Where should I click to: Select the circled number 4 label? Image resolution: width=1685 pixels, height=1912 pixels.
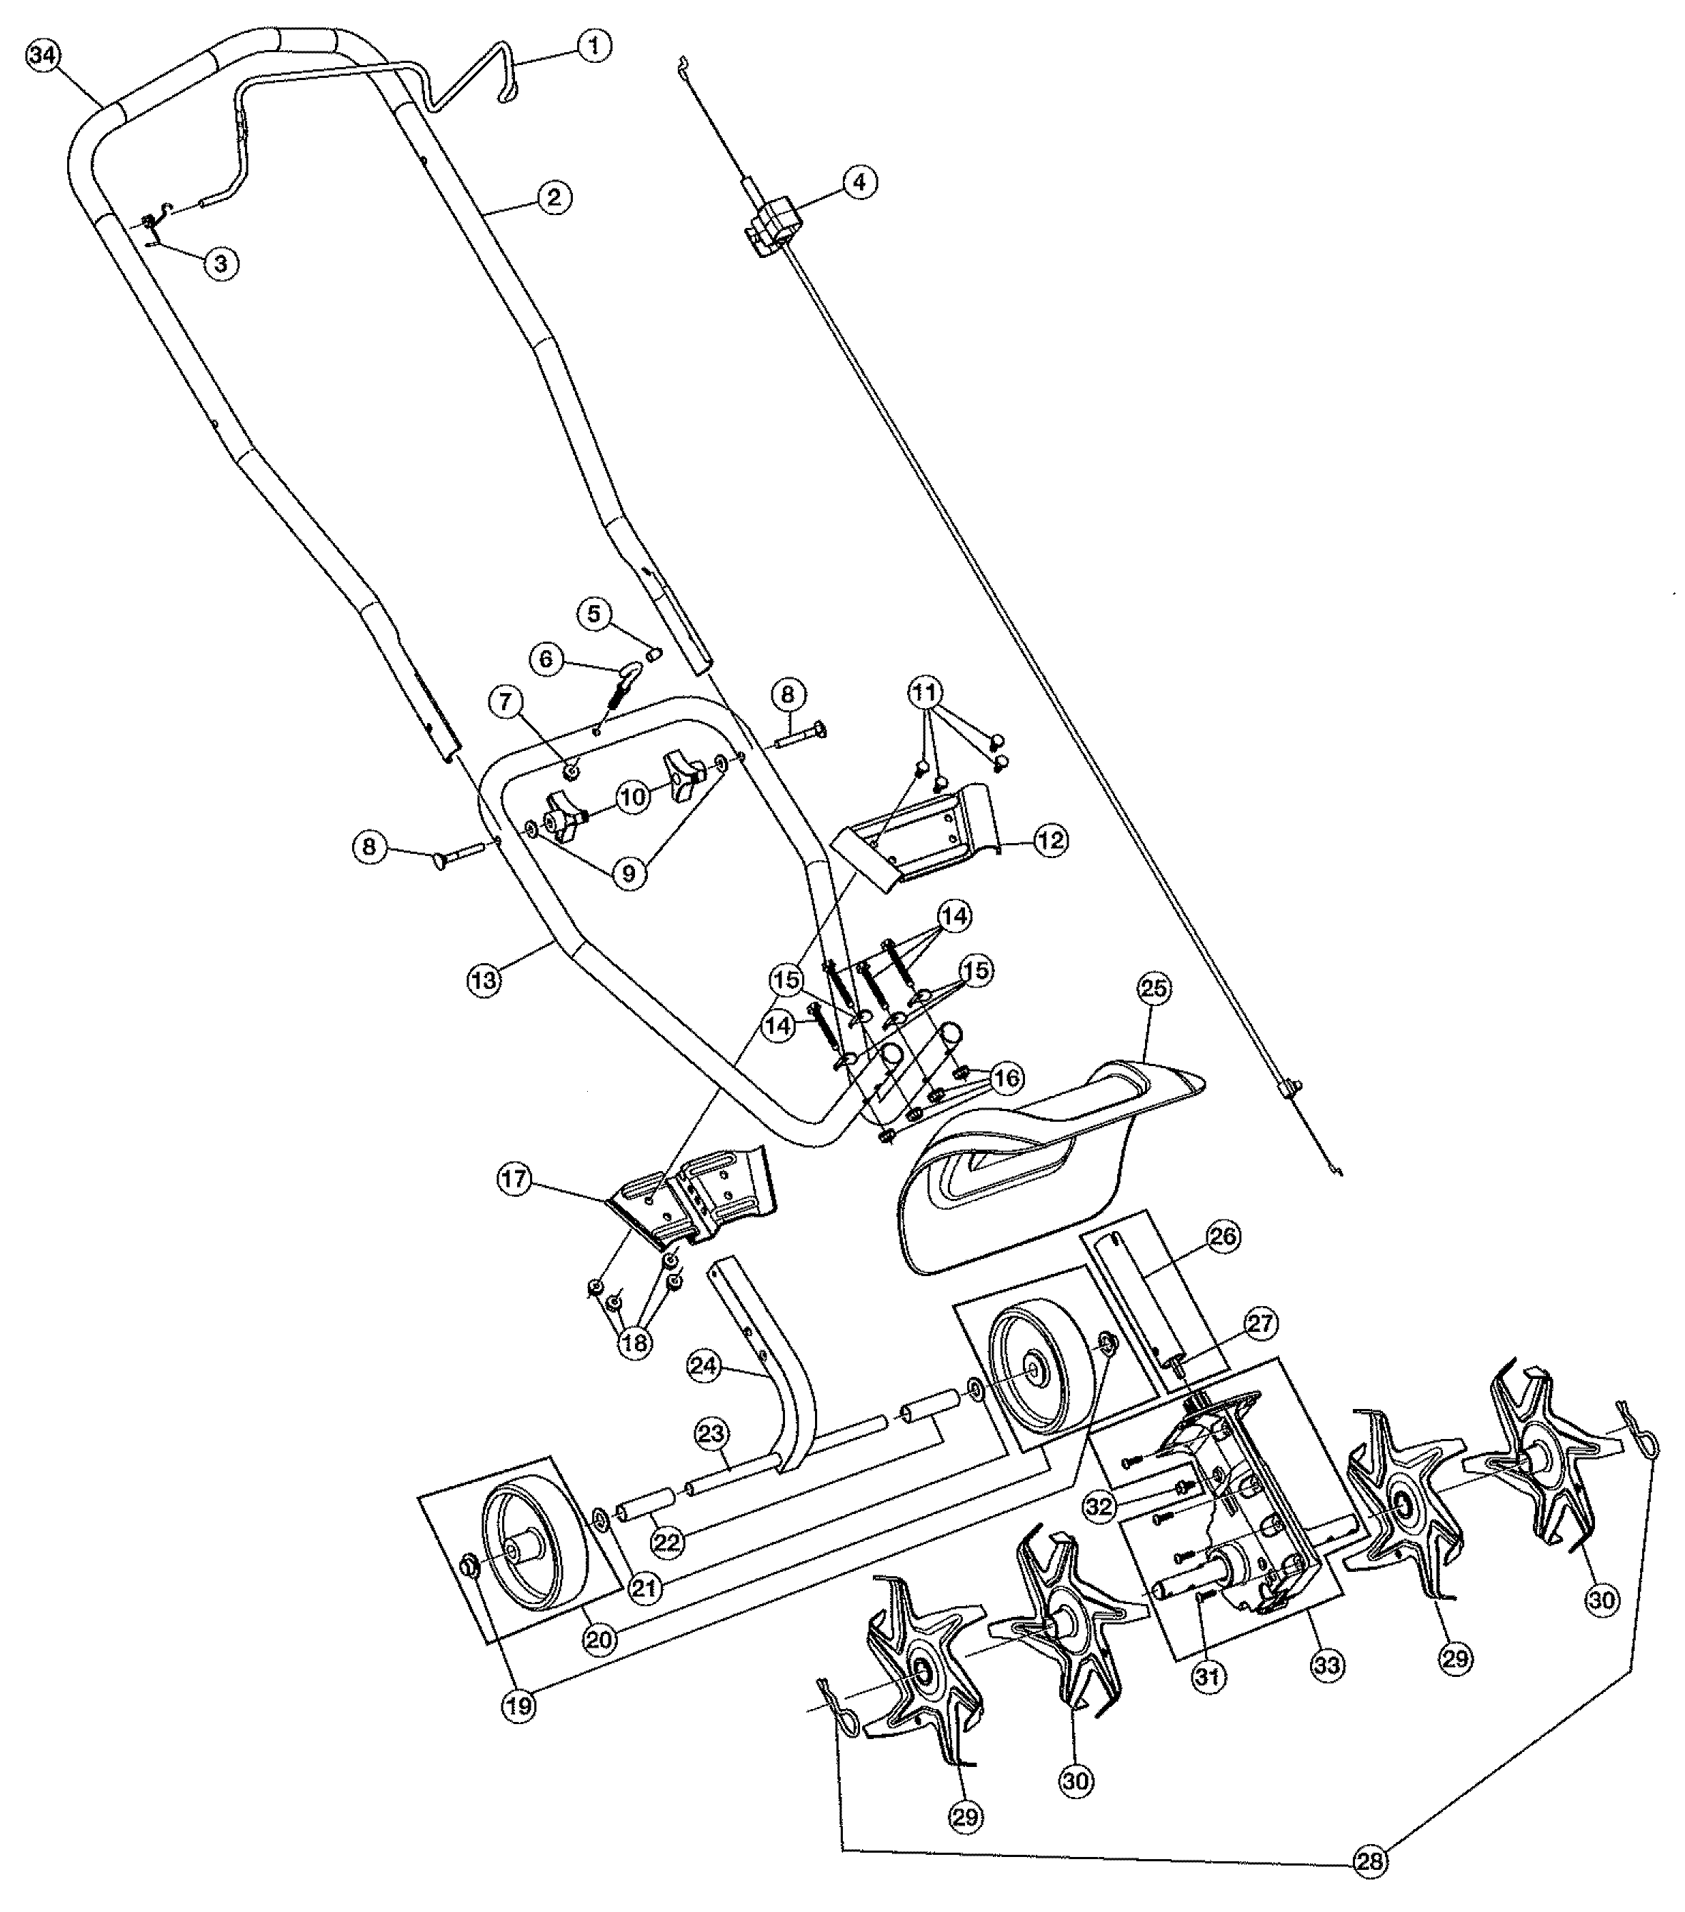point(860,181)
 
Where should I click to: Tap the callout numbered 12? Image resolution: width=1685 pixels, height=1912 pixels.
point(1051,840)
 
